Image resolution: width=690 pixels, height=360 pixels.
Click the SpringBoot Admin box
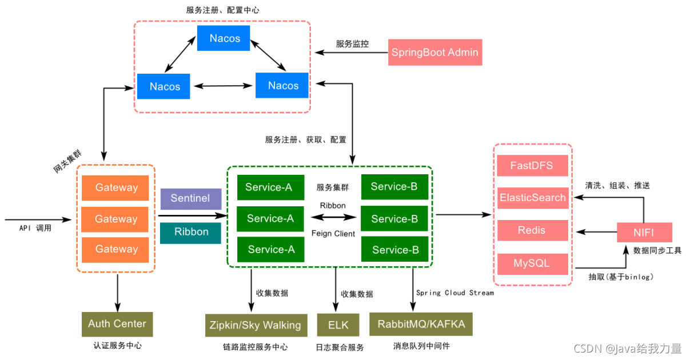point(434,53)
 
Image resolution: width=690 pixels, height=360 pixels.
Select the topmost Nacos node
point(224,38)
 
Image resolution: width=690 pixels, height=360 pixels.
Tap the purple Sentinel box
point(190,198)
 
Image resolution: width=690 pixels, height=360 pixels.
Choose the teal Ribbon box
point(190,233)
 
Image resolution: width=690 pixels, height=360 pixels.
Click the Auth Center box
point(117,324)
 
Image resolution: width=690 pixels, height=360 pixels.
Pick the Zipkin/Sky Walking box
point(253,325)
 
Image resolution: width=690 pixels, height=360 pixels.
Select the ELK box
point(338,325)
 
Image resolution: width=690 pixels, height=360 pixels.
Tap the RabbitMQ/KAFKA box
point(421,325)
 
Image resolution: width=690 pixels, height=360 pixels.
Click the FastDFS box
point(532,166)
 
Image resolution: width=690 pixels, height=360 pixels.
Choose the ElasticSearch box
point(532,198)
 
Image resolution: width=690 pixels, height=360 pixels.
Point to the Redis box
point(532,230)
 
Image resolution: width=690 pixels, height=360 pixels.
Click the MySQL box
point(532,263)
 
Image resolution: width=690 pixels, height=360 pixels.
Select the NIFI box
point(644,233)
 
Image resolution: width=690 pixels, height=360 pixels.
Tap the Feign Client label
point(333,233)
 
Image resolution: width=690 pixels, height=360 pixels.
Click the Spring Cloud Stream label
point(454,293)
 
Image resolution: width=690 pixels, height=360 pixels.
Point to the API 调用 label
point(35,228)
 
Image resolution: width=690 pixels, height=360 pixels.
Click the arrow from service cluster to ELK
point(336,289)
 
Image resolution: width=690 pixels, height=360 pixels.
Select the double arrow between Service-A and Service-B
point(333,218)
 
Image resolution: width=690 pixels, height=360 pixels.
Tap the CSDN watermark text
point(628,348)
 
